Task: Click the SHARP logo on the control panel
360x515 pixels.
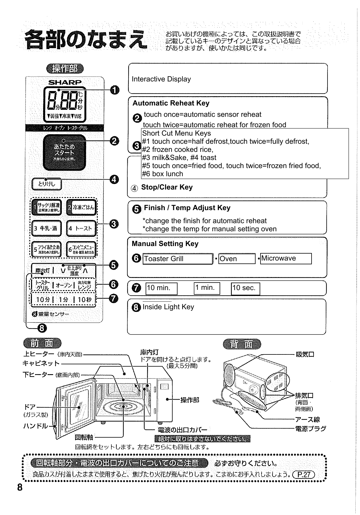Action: (x=65, y=82)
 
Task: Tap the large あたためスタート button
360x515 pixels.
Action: (x=64, y=152)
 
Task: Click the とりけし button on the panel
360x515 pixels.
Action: (x=46, y=184)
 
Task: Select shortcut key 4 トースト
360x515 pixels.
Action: (x=81, y=228)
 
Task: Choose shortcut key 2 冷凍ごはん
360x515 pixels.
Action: (x=81, y=207)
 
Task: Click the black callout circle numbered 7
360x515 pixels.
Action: (x=113, y=299)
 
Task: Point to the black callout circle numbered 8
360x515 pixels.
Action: (x=42, y=328)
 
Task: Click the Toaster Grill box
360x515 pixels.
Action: (x=178, y=259)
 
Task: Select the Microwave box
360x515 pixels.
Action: (x=286, y=259)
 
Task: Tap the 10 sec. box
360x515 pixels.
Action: (x=245, y=289)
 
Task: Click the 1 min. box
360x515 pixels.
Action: (x=207, y=288)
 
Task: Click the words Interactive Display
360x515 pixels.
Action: (x=161, y=79)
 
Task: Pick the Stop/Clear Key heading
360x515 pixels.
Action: (x=167, y=187)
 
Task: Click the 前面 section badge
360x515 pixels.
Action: (x=42, y=344)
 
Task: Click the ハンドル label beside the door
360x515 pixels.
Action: (x=35, y=426)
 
